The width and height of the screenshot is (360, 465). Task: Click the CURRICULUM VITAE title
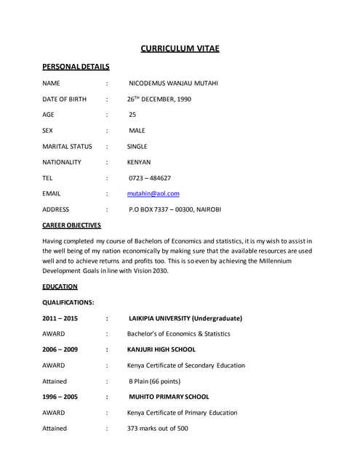180,49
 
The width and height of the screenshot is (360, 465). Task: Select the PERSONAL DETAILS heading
76,67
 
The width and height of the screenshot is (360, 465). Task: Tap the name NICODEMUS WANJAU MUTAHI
173,84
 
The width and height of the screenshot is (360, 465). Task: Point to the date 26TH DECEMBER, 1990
159,99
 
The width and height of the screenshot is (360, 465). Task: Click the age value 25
132,115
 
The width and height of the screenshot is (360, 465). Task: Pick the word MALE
137,131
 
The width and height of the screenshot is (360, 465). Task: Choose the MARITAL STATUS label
67,146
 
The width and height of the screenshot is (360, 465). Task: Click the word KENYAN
139,162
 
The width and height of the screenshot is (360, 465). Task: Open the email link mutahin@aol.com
153,194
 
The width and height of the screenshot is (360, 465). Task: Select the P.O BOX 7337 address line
175,209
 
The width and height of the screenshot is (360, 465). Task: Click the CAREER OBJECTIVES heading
71,225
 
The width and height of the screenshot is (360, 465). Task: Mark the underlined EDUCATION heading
60,287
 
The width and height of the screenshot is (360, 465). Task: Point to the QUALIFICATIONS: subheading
68,302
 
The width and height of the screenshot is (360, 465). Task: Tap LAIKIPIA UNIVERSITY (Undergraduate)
185,318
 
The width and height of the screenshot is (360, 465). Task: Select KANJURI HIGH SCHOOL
161,349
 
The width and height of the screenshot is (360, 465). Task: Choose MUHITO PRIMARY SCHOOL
169,397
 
